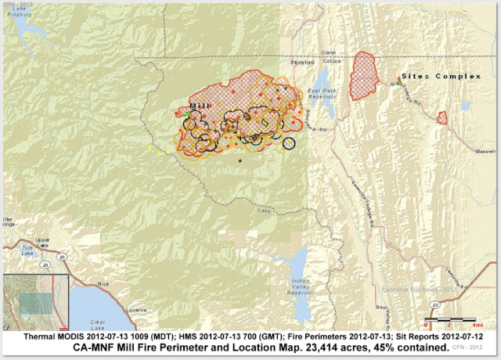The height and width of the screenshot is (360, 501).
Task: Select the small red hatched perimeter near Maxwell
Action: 442,117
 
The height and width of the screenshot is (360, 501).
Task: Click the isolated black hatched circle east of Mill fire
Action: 289,142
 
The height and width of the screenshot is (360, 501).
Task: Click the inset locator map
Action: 35,301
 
